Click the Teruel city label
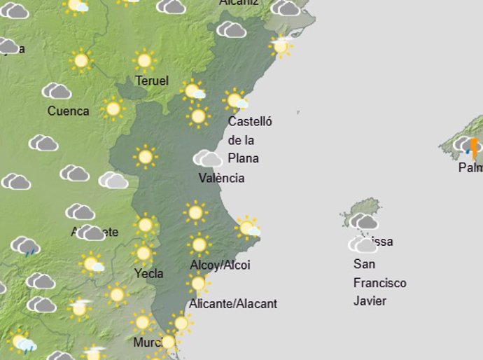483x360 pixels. click(152, 81)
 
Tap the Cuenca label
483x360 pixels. click(68, 111)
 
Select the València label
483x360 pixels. click(221, 178)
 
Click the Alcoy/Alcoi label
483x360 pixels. click(220, 265)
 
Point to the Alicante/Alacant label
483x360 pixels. click(233, 304)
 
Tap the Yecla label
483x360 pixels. click(148, 273)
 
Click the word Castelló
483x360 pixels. click(250, 121)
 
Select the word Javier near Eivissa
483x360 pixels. click(370, 301)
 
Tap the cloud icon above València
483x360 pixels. click(207, 158)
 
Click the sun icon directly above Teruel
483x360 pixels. click(144, 60)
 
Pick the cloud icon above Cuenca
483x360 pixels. click(57, 91)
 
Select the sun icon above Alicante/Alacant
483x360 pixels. click(198, 284)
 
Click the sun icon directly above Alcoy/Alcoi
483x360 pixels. click(199, 244)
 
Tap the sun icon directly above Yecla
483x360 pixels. click(143, 253)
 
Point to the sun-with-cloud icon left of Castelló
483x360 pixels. click(193, 91)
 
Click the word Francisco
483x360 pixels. click(380, 283)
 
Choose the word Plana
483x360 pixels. click(243, 158)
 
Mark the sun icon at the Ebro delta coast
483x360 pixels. click(280, 46)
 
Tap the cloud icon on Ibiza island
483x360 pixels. click(364, 221)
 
